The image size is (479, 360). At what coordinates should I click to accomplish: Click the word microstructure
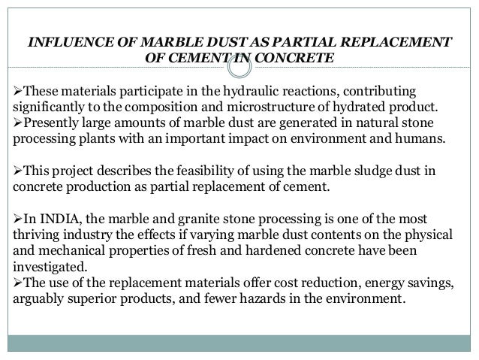click(x=246, y=107)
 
